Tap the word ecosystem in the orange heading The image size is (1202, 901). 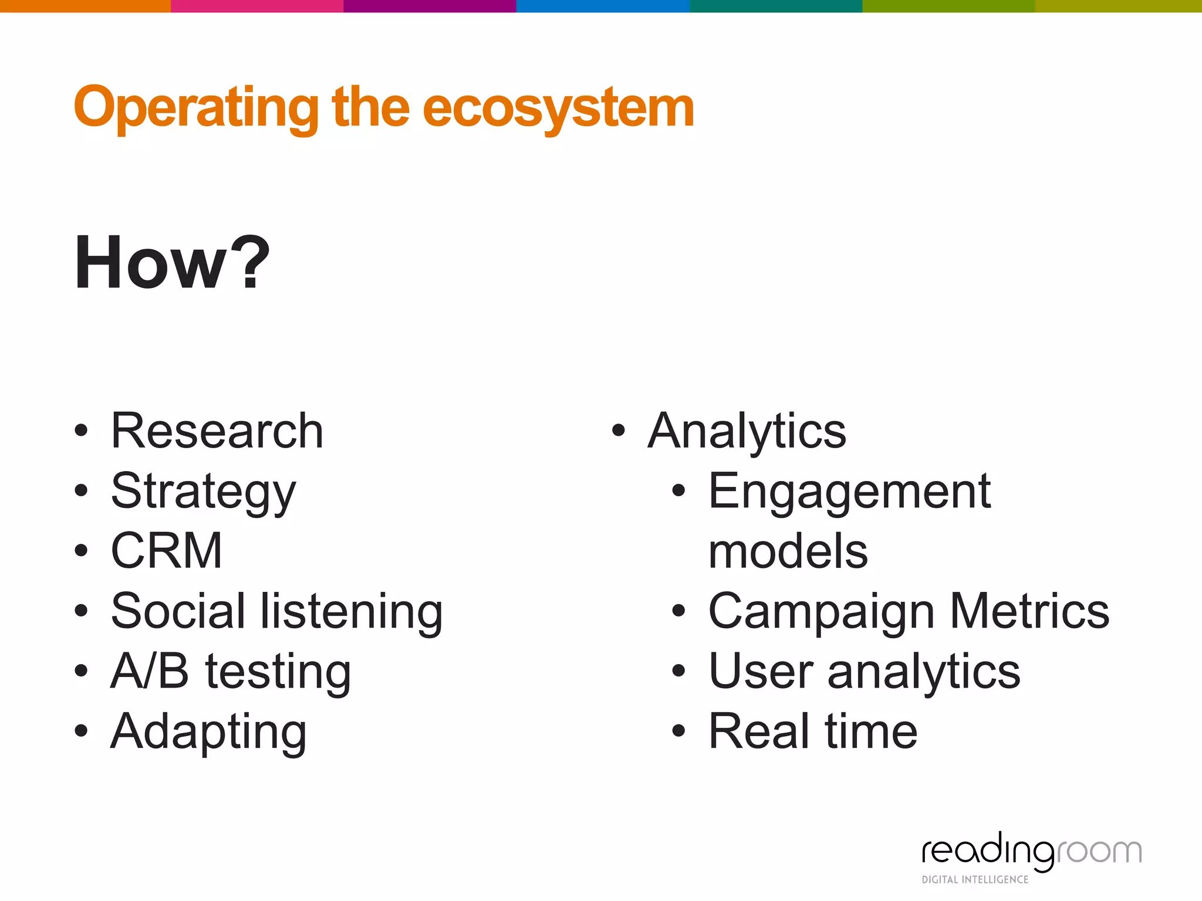(558, 109)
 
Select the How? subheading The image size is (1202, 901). (171, 262)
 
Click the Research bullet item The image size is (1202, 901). (217, 431)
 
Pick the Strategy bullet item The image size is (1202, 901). (203, 492)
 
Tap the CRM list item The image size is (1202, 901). (167, 551)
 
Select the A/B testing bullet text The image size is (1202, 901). (231, 671)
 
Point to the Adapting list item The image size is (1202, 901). (208, 731)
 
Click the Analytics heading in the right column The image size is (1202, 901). (747, 431)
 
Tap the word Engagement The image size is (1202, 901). (849, 492)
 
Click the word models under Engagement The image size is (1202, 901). (788, 552)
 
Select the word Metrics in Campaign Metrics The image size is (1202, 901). (1029, 611)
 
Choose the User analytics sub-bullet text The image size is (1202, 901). (864, 671)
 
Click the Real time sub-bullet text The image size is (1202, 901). (813, 731)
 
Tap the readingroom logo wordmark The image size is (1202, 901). (1031, 851)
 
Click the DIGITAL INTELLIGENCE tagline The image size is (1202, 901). (975, 879)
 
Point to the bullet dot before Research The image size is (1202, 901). (81, 431)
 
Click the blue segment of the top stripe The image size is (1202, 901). (602, 6)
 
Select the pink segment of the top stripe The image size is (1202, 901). (256, 6)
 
